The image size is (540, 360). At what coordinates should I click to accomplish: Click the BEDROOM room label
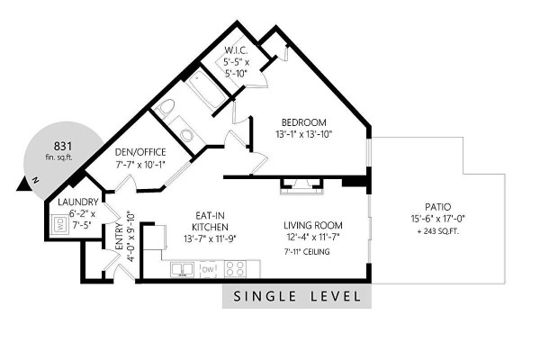tap(304, 122)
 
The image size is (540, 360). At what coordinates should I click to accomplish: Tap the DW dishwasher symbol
tap(208, 269)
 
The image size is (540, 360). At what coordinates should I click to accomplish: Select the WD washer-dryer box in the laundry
tap(60, 224)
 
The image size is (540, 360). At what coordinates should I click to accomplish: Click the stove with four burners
tap(235, 269)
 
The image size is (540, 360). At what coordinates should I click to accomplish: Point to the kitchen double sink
tap(182, 269)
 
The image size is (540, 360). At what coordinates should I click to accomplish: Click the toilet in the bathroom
tap(165, 107)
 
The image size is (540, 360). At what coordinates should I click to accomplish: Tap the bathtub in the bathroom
tap(205, 87)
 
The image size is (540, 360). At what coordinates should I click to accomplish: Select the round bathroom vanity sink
tap(188, 135)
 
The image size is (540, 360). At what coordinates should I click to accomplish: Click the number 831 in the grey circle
tap(63, 147)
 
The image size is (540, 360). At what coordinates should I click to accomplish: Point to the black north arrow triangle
tap(24, 184)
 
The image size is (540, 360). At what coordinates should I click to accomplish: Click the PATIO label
tap(437, 207)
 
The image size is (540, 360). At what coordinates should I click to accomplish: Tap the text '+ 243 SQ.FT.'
tap(437, 231)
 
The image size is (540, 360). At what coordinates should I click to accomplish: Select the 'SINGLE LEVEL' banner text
tap(297, 296)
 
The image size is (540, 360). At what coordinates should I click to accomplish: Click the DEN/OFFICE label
tap(140, 152)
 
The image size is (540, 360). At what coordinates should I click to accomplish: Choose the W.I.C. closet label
tap(236, 50)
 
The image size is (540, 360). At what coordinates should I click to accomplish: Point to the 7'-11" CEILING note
tap(307, 252)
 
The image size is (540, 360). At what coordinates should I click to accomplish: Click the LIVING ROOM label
tap(313, 226)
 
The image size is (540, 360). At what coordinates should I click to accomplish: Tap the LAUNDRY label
tap(77, 202)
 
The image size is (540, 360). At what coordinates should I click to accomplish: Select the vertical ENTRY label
tap(119, 237)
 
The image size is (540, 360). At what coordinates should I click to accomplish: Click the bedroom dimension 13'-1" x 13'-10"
tap(303, 134)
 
